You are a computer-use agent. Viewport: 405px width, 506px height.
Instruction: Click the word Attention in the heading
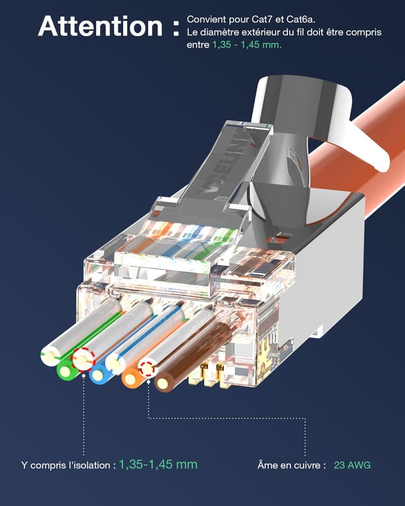(101, 27)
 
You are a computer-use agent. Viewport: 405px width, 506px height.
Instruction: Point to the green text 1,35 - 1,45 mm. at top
(247, 45)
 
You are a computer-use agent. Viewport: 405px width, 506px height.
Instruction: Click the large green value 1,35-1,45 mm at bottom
(158, 464)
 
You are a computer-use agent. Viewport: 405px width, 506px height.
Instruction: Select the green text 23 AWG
(351, 465)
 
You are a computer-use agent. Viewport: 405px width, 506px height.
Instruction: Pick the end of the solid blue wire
(99, 375)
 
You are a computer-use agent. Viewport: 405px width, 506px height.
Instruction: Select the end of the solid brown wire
(165, 383)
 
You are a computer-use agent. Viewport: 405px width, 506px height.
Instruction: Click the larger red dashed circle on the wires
(83, 359)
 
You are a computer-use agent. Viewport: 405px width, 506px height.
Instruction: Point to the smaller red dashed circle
(148, 368)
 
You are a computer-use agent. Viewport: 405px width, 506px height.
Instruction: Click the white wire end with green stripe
(51, 355)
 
